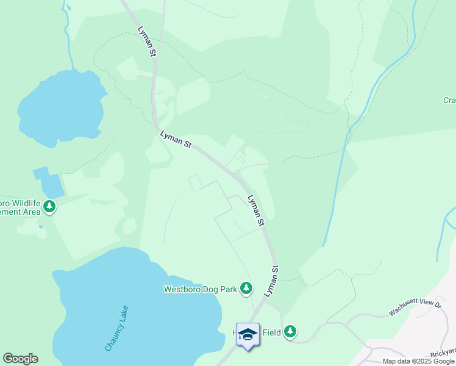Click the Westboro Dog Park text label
point(200,289)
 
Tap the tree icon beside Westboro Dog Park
point(246,288)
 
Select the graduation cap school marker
point(248,334)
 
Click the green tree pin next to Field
point(291,332)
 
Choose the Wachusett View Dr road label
point(415,309)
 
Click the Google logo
point(20,359)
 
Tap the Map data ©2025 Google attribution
point(418,361)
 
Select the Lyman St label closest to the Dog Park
point(272,281)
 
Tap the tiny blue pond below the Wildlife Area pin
point(40,227)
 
